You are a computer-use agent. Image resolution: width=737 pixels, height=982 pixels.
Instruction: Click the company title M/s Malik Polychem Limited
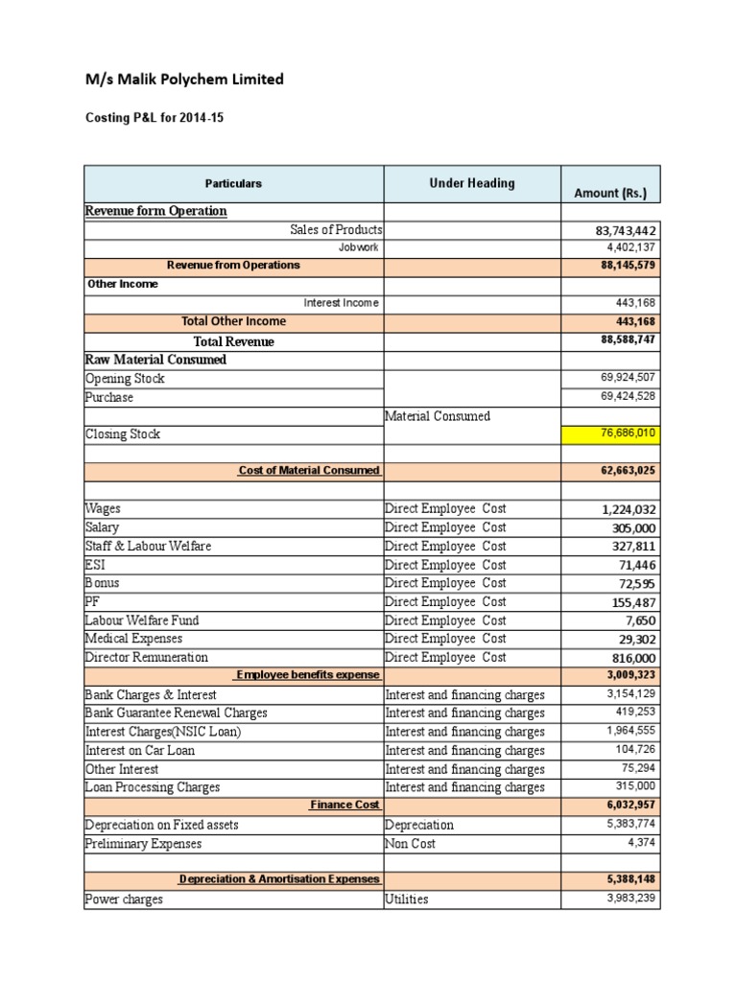[x=185, y=80]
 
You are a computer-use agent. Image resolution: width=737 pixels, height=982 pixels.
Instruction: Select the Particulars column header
[x=233, y=183]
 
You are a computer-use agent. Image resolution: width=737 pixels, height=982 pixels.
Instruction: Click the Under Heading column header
[x=472, y=183]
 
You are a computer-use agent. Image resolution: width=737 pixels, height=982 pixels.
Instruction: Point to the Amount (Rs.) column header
[x=610, y=193]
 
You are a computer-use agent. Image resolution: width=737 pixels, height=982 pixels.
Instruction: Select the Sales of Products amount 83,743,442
[x=627, y=230]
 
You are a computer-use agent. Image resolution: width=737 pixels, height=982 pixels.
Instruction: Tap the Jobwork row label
[x=360, y=247]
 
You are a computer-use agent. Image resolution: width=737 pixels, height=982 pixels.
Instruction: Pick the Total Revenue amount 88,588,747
[x=629, y=340]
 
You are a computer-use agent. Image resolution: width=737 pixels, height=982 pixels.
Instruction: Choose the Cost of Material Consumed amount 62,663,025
[x=629, y=471]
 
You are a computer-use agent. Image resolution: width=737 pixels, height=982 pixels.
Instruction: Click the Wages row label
[x=103, y=508]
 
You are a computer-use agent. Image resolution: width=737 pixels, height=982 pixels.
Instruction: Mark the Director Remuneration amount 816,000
[x=634, y=658]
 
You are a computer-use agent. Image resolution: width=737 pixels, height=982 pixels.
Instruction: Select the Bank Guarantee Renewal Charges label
[x=177, y=713]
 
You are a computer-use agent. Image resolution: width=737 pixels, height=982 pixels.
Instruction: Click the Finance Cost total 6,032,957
[x=629, y=806]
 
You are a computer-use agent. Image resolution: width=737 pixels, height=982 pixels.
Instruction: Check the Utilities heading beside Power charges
[x=407, y=900]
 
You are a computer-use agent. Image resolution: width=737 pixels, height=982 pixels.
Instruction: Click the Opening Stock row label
[x=125, y=379]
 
